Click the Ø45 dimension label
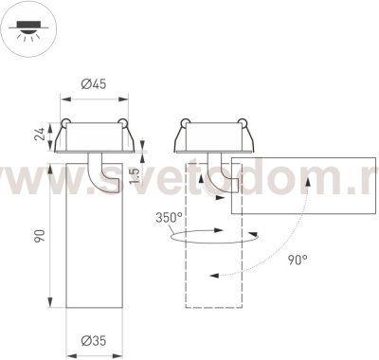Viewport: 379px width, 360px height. click(92, 84)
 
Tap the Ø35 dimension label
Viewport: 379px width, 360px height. click(92, 339)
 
